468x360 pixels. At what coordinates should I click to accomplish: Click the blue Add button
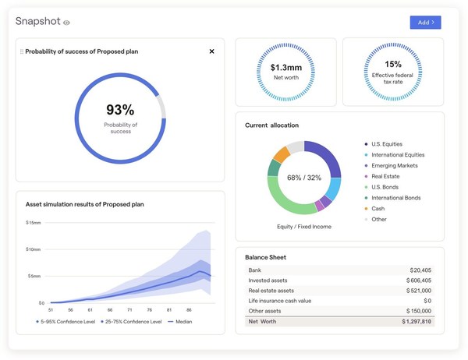click(x=425, y=23)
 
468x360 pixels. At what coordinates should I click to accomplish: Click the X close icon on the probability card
click(x=211, y=51)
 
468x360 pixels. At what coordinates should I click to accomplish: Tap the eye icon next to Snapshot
click(x=67, y=23)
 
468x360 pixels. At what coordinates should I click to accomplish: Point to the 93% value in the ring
click(x=120, y=110)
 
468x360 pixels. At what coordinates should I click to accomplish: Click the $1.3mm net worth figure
click(x=285, y=67)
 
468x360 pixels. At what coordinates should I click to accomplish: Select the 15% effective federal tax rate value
click(x=393, y=65)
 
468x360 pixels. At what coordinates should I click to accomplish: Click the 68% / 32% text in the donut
click(x=303, y=178)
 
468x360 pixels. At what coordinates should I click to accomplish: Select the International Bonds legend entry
click(x=395, y=198)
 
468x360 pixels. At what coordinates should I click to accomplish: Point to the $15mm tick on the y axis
click(x=34, y=223)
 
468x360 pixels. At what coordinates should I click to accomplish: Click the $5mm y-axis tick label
click(x=35, y=276)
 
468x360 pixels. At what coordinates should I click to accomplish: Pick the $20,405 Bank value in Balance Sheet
click(x=420, y=270)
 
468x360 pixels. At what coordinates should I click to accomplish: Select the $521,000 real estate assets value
click(x=418, y=291)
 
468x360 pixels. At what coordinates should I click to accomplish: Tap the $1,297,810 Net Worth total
click(x=416, y=321)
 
